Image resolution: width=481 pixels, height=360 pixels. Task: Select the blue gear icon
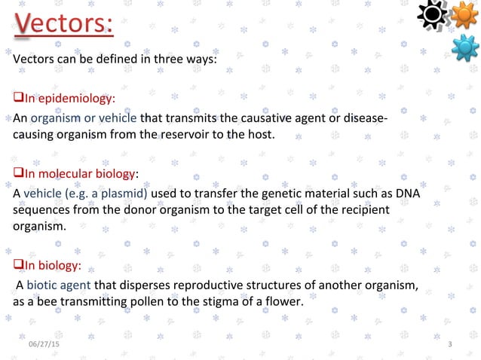(x=465, y=47)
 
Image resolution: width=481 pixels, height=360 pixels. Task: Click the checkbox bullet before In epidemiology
(x=19, y=99)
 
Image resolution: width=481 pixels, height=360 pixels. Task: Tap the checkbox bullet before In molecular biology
(x=19, y=172)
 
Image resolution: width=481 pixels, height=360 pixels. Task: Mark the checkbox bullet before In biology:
(x=19, y=265)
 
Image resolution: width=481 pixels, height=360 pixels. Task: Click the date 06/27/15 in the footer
(x=44, y=344)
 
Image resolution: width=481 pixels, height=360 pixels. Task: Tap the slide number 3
(x=450, y=344)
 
